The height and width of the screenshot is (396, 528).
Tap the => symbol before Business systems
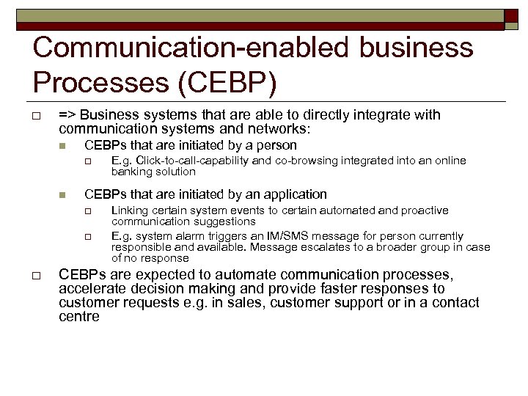[68, 114]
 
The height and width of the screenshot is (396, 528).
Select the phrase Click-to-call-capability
[188, 161]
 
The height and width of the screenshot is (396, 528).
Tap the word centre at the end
[78, 317]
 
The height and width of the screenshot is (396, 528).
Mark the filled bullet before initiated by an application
[62, 195]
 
